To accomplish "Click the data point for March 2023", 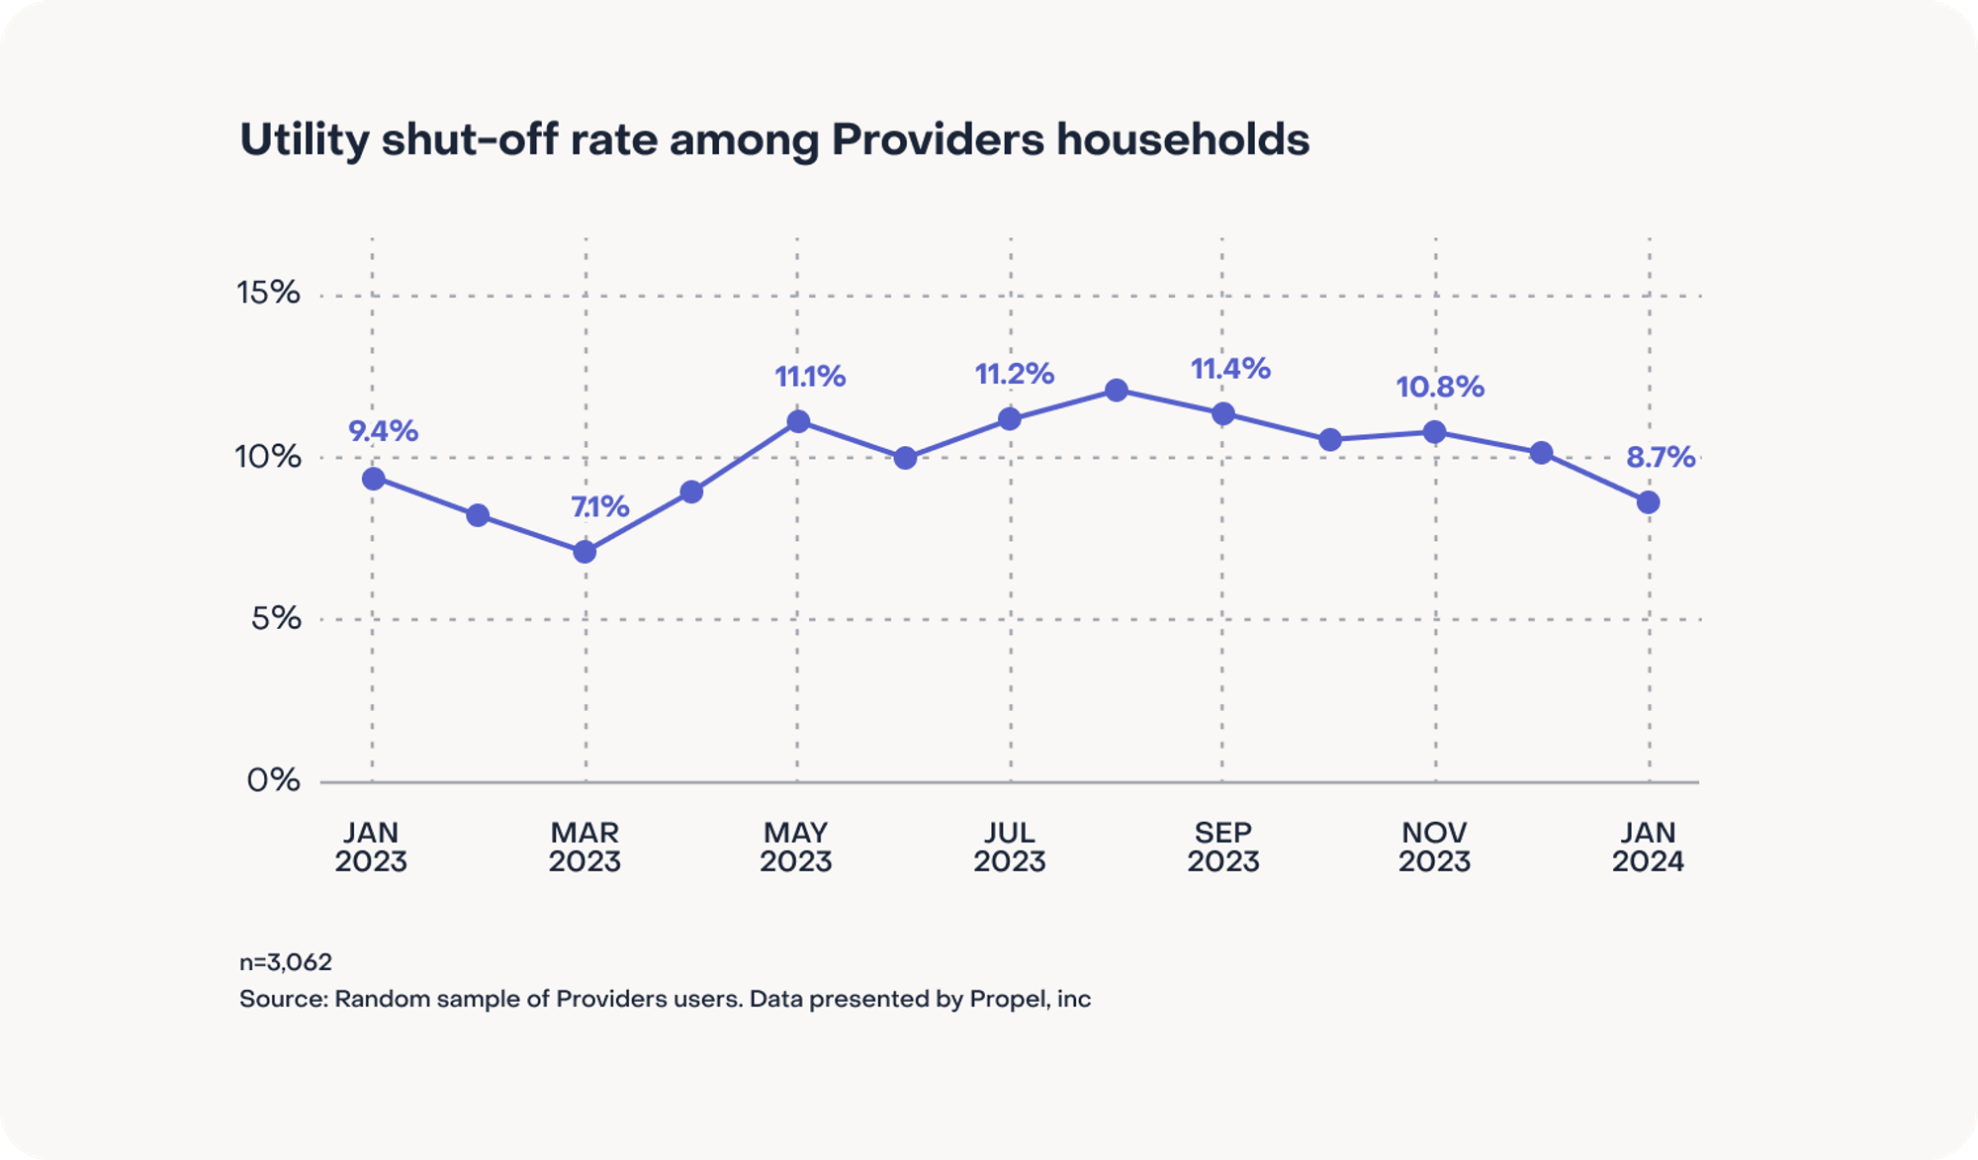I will coord(584,551).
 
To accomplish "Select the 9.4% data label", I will coord(383,431).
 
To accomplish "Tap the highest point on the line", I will coord(1117,391).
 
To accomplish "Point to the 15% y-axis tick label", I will coord(268,293).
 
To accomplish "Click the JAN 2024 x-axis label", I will coord(1648,848).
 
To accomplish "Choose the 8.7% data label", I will coord(1661,457).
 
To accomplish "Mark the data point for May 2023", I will coord(798,422).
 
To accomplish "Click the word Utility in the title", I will coord(304,140).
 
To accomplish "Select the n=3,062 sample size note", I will coord(286,962).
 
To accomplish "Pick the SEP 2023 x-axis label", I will coord(1223,848).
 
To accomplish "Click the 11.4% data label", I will coord(1230,369).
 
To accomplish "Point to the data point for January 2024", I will coord(1648,502).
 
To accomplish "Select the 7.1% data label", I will coord(599,506).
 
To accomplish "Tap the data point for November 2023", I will coord(1434,432).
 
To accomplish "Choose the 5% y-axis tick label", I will coord(276,618).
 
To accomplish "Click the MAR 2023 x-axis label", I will coord(584,848).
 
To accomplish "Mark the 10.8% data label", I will coord(1440,387).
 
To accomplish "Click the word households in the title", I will coord(1182,140).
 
